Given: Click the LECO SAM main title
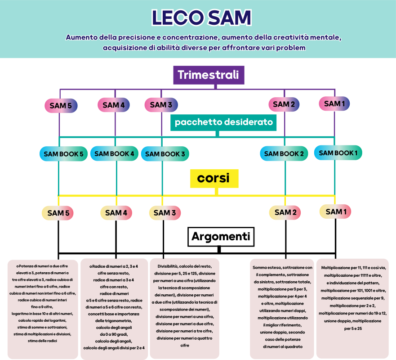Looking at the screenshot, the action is tap(201, 18).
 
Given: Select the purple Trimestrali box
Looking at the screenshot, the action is tap(209, 75).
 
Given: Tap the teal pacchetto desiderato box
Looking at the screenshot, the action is tap(223, 122).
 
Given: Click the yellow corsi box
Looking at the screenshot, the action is tap(214, 179).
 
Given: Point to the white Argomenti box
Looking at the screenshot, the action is tap(221, 237).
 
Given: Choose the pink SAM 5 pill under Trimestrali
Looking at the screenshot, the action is tap(61, 105).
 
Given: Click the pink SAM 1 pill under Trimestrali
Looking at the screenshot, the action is tap(334, 103).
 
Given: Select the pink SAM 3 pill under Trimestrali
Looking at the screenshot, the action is tap(161, 105).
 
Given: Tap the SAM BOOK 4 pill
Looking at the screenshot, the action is tap(115, 153).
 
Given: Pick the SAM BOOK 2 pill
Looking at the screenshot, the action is tap(284, 153).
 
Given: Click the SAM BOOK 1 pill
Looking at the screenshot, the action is tap(338, 153).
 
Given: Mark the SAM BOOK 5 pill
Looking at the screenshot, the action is tap(64, 154).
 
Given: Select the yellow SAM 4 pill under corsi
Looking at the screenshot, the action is tap(116, 213).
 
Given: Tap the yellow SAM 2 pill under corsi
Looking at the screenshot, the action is tap(285, 212).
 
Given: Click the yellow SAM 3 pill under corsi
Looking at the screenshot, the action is tap(165, 212).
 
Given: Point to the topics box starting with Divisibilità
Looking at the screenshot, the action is tap(185, 308).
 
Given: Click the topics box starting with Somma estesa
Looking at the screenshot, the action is tap(282, 309).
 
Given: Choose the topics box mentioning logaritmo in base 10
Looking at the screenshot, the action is tap(43, 310).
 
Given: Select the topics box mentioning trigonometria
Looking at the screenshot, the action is tap(114, 309).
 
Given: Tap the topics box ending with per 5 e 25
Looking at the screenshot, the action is tap(352, 308).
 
